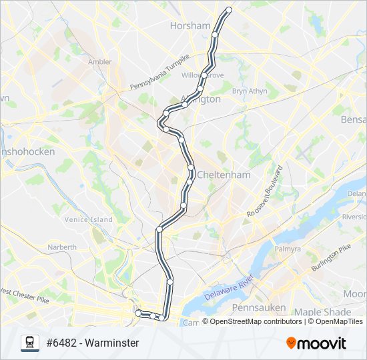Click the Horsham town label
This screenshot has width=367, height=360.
[x=190, y=25]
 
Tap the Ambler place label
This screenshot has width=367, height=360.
[x=99, y=62]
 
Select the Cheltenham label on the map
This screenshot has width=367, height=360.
[x=224, y=175]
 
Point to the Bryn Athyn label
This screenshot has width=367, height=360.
[x=250, y=91]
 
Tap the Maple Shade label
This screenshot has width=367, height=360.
[x=322, y=312]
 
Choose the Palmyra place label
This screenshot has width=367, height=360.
[x=288, y=249]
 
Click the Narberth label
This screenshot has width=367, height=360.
[x=61, y=247]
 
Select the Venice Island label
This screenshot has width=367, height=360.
[x=92, y=219]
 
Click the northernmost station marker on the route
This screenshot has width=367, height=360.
[x=229, y=10]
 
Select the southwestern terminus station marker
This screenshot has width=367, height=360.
[x=138, y=312]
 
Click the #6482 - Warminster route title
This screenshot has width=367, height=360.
[x=92, y=343]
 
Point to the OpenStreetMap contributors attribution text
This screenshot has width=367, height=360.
[x=256, y=321]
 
